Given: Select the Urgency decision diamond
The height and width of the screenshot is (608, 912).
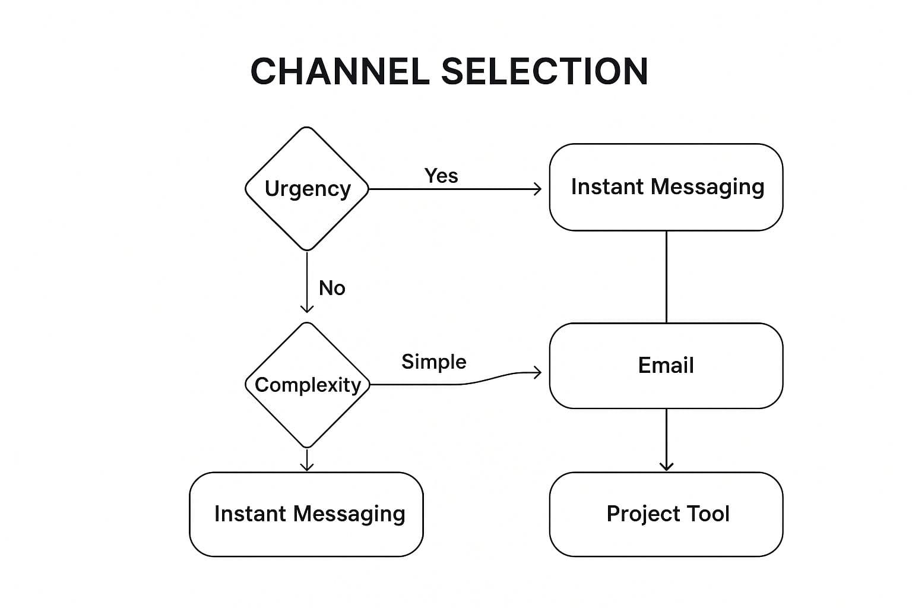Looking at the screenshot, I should (x=307, y=188).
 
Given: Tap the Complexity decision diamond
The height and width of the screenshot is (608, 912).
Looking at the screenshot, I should (x=307, y=385).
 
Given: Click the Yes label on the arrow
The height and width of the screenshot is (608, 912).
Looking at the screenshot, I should (x=441, y=176).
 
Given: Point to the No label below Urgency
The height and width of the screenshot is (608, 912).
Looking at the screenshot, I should (x=332, y=288).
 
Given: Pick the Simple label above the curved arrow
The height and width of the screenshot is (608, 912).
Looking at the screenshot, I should (x=433, y=362).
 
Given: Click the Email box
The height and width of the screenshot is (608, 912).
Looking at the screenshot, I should (x=666, y=365).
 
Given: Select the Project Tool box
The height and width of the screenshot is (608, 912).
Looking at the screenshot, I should (x=666, y=514).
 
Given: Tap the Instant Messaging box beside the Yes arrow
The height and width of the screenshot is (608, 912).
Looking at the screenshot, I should (x=666, y=186).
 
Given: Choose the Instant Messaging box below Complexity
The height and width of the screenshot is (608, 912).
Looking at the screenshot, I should (x=306, y=514).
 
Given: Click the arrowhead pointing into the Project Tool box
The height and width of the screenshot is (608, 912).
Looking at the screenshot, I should (x=666, y=467).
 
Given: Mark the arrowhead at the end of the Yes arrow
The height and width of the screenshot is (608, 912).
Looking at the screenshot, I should (x=538, y=189).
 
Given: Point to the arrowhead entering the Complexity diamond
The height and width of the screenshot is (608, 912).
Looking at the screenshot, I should (x=307, y=308).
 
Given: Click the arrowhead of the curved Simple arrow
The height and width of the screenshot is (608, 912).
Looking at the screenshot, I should (x=538, y=372).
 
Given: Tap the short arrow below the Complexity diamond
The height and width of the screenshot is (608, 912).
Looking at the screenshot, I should (x=307, y=460).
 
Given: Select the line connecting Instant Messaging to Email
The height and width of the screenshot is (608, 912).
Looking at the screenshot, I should (x=666, y=276).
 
